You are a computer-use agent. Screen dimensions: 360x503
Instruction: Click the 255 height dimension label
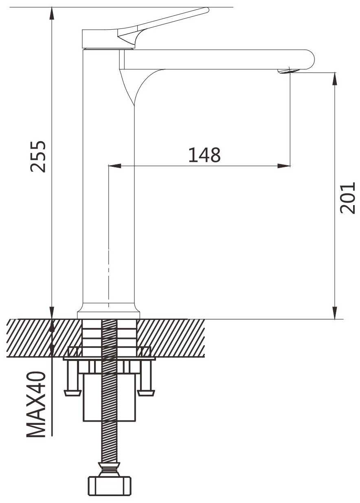pos(38,157)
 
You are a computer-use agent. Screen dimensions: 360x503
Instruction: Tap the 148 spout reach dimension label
pos(204,155)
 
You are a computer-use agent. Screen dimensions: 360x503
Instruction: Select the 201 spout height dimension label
pos(347,198)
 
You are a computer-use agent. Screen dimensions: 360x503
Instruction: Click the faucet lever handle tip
pos(206,10)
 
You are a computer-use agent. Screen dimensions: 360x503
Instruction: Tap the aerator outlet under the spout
pos(288,71)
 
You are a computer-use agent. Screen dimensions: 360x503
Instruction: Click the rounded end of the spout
pos(310,59)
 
